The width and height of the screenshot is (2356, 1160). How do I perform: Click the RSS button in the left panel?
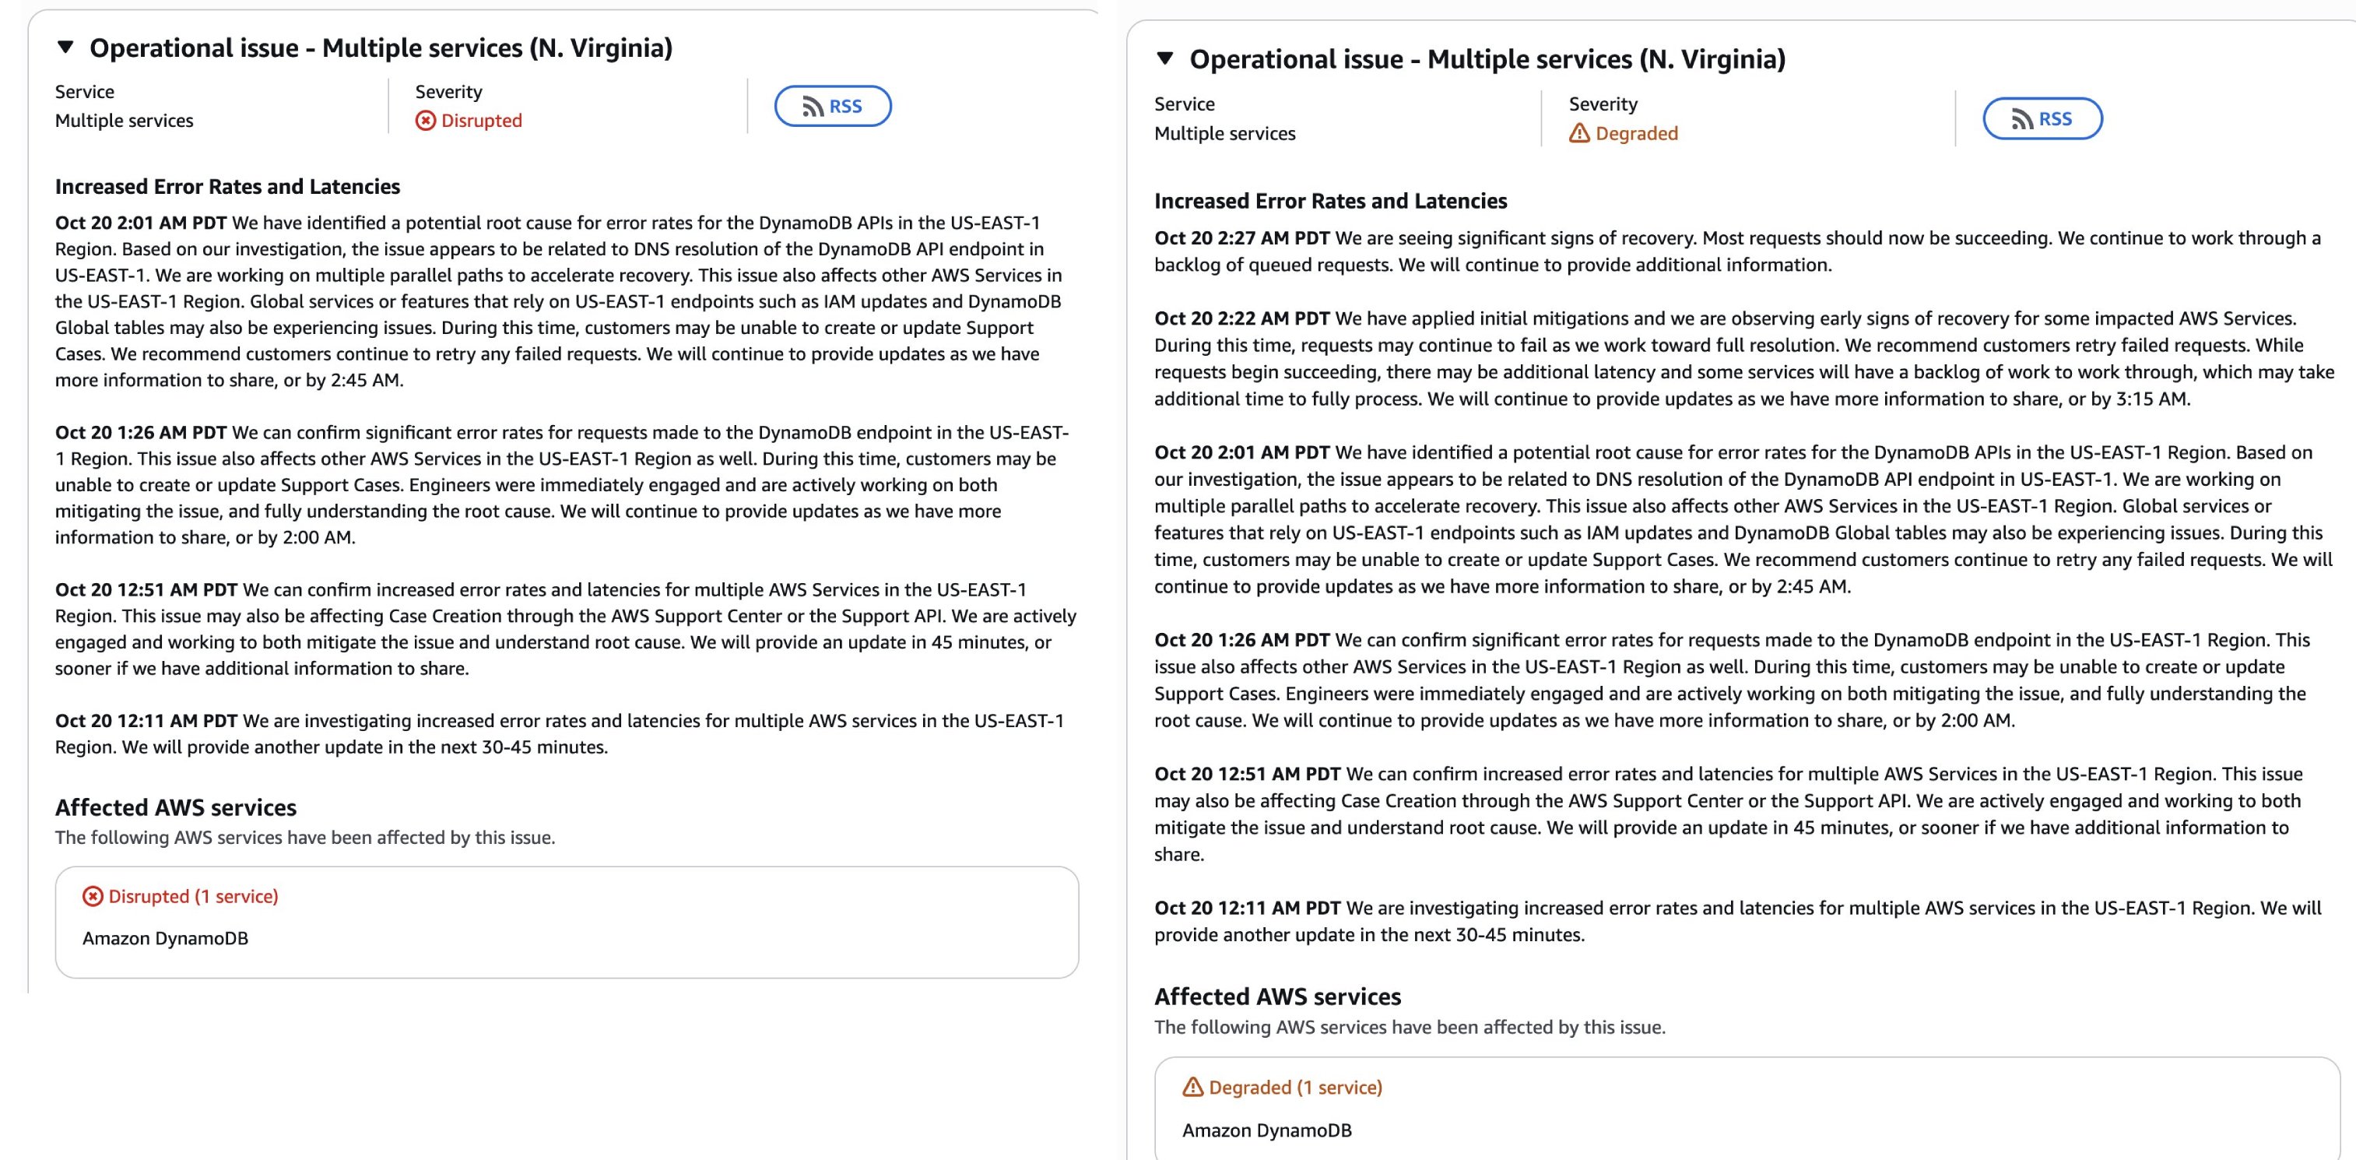click(x=832, y=106)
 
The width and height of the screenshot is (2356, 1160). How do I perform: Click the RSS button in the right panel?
click(x=2042, y=119)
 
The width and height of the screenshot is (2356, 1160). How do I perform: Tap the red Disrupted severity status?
click(x=469, y=121)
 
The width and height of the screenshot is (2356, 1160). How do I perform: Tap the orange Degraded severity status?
click(x=1624, y=134)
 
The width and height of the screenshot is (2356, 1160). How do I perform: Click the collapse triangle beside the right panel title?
click(x=1165, y=58)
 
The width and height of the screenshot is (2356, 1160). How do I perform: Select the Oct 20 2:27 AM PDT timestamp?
click(x=1241, y=238)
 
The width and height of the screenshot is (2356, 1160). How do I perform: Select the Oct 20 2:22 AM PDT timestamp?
click(x=1241, y=318)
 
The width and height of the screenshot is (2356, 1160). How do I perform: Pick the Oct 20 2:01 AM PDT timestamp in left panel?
click(x=141, y=223)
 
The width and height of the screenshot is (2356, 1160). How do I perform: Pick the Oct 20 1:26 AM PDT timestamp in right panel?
click(x=1241, y=639)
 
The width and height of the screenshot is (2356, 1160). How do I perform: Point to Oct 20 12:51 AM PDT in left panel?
click(x=146, y=589)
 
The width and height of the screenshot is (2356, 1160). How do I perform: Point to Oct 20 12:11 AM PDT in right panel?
click(x=1247, y=908)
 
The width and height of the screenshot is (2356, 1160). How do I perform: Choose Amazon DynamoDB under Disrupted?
click(x=166, y=937)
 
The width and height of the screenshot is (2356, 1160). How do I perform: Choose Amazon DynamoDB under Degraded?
click(x=1266, y=1130)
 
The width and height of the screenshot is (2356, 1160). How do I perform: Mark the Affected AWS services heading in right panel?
click(x=1276, y=997)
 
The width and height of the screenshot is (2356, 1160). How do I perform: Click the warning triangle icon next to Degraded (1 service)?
click(x=1192, y=1087)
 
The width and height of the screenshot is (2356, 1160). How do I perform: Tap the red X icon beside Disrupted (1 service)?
click(x=93, y=897)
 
